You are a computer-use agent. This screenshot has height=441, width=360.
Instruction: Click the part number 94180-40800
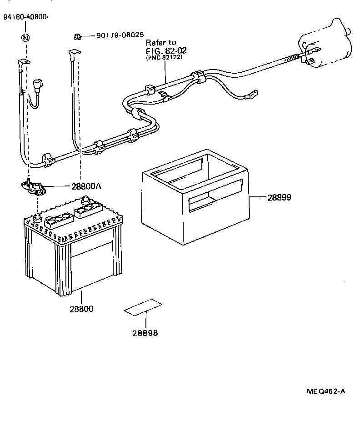tap(25, 17)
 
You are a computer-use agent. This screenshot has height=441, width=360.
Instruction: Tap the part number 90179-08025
tap(120, 35)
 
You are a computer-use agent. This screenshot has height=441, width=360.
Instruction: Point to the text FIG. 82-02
tap(166, 50)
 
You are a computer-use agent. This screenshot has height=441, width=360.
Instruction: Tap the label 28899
tap(279, 197)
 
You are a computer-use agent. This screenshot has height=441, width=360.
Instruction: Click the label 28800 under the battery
tap(81, 309)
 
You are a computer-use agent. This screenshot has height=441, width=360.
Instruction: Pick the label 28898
tap(145, 333)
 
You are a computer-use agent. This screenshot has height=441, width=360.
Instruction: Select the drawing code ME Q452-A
tap(325, 391)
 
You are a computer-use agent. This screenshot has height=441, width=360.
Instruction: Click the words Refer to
tap(160, 42)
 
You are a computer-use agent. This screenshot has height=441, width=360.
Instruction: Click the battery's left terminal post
tap(36, 217)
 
